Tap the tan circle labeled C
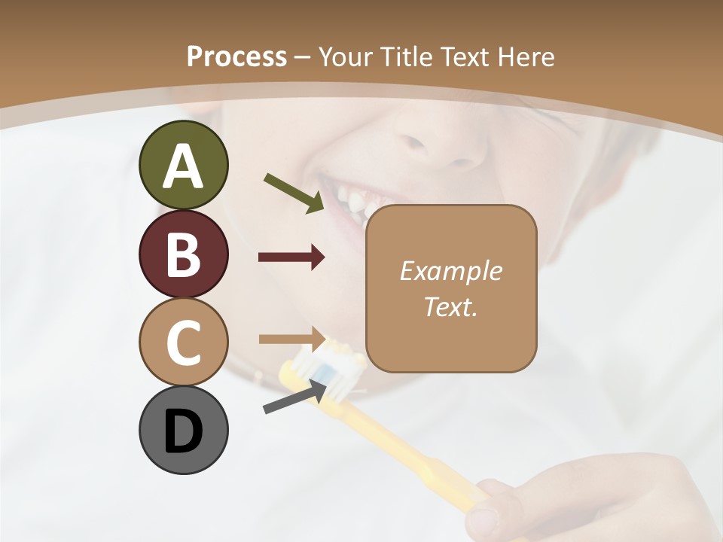coord(184,342)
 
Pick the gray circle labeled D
coord(184,430)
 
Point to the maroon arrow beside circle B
coord(291,257)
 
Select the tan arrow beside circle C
coord(291,338)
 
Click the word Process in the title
coord(236,57)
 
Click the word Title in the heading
coord(406,57)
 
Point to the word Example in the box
coord(450,271)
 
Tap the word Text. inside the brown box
coord(450,306)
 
